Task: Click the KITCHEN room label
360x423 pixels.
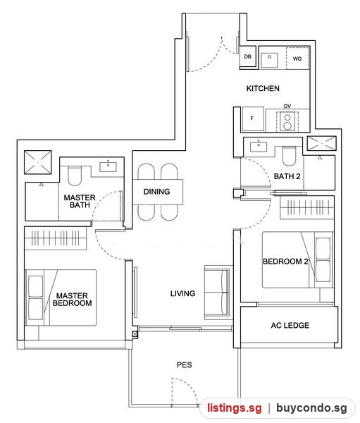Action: [263, 88]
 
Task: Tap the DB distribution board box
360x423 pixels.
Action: [247, 56]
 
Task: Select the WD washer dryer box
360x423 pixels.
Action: [297, 59]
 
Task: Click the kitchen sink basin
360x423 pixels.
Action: [269, 60]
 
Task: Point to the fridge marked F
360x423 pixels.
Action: [253, 118]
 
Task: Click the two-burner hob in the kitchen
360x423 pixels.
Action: [287, 122]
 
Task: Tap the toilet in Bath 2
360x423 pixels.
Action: [289, 156]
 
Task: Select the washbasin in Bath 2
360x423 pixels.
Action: [259, 147]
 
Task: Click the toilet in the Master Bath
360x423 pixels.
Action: [75, 176]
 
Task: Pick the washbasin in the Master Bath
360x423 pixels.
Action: [108, 166]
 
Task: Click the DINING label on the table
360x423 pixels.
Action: [156, 192]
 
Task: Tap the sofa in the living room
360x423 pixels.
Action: [218, 293]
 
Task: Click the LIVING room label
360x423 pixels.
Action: [182, 293]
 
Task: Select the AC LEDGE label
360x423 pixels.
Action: [290, 325]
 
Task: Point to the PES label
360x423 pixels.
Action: [184, 364]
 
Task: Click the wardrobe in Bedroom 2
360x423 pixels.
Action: [307, 207]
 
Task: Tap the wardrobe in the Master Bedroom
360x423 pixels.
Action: [56, 238]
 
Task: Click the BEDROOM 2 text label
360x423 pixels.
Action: [285, 261]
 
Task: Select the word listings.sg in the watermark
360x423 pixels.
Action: [235, 407]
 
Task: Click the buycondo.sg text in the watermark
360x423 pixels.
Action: [311, 407]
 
